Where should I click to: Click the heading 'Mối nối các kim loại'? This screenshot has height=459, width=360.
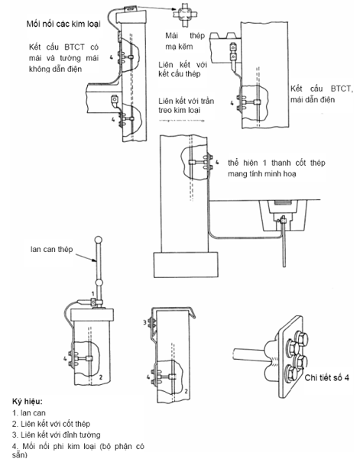[63, 24]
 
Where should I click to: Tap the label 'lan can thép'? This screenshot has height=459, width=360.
[51, 250]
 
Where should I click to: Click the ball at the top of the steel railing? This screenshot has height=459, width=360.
[99, 240]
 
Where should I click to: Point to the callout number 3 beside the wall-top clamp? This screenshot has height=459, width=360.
[144, 322]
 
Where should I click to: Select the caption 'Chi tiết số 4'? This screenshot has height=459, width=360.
[326, 377]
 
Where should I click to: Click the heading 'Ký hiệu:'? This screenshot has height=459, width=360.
[28, 401]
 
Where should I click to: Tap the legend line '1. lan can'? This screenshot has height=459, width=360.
[29, 413]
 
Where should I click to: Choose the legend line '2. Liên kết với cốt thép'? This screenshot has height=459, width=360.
[51, 424]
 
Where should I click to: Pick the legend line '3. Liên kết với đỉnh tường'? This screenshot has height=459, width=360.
[57, 435]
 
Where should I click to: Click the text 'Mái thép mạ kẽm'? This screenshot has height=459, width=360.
[185, 41]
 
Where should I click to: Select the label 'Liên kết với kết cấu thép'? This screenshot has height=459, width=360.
[183, 69]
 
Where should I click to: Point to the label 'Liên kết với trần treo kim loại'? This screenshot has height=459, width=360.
[186, 105]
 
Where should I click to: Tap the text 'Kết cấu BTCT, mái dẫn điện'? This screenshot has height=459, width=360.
[322, 94]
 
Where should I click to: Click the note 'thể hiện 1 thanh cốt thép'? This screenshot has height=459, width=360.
[277, 163]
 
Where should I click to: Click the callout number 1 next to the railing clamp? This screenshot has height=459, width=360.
[92, 293]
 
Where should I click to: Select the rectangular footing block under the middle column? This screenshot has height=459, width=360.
[186, 264]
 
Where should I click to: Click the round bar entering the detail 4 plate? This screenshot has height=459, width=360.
[249, 354]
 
